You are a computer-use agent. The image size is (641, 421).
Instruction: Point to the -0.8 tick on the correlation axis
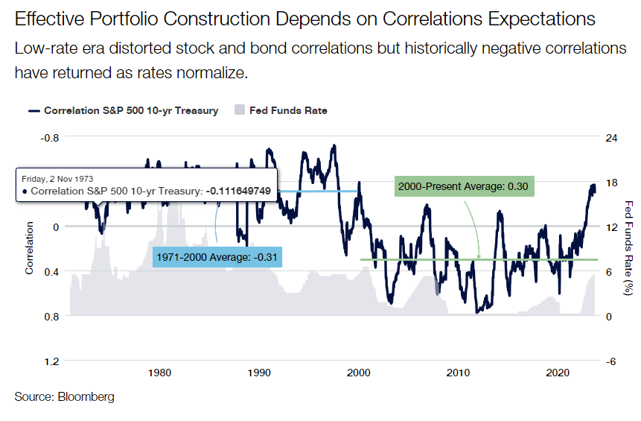(x=48, y=137)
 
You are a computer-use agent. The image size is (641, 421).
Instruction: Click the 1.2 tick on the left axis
(x=51, y=361)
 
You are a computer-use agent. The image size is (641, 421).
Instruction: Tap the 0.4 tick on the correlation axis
(x=51, y=271)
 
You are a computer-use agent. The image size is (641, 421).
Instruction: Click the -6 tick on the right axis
(x=610, y=361)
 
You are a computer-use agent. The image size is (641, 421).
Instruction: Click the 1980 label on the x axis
(x=160, y=373)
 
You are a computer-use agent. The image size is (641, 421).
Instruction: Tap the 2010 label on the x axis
(x=459, y=373)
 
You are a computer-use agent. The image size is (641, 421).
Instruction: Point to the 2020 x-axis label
(x=558, y=373)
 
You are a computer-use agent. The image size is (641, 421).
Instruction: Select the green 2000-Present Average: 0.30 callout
(x=462, y=186)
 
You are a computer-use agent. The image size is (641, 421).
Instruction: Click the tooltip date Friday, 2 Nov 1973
(x=58, y=179)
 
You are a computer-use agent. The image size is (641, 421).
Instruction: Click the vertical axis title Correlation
(x=30, y=249)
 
